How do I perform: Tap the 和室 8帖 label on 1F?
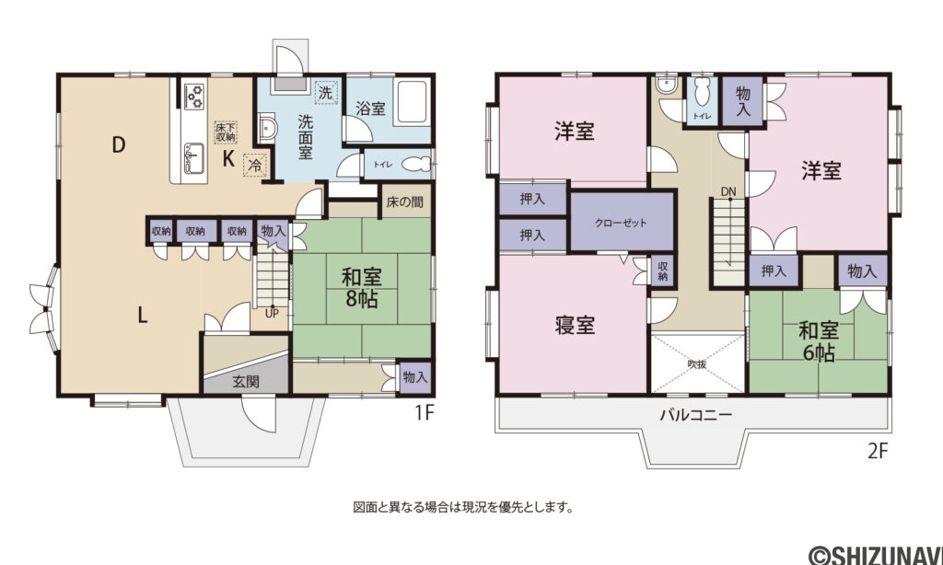pos(361,288)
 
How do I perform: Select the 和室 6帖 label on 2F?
pos(817,340)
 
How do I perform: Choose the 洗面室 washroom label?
pos(307,134)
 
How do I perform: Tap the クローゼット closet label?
pos(621,223)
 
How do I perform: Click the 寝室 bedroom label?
pos(574,325)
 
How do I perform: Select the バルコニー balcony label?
pos(695,415)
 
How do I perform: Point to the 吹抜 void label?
pos(698,363)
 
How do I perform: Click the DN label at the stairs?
pos(728,191)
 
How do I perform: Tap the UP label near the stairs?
pos(272,312)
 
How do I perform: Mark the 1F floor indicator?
pos(423,413)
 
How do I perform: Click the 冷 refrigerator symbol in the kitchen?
pos(252,167)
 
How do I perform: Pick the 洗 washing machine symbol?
pos(324,92)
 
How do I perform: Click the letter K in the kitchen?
pos(227,158)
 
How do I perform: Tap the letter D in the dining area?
pos(118,144)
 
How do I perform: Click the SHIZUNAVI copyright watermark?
pos(875,553)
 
